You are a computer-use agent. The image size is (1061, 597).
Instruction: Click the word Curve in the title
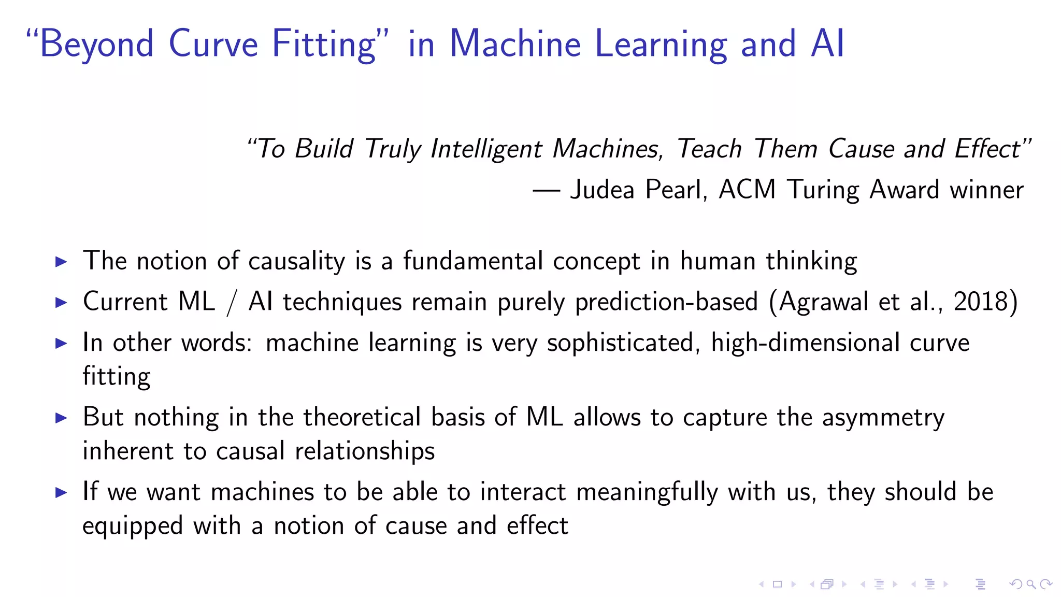click(x=213, y=44)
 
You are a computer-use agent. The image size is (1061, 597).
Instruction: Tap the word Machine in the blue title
click(x=515, y=44)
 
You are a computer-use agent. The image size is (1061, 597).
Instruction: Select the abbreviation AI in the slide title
click(x=828, y=44)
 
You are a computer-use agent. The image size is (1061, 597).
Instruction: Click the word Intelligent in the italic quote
click(x=486, y=149)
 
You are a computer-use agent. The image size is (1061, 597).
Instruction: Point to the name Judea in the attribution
click(x=602, y=190)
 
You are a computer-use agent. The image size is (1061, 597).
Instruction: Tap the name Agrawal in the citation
click(x=824, y=302)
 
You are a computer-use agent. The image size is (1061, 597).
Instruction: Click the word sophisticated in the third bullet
click(x=621, y=343)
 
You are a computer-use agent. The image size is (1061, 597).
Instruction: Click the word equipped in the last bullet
click(x=133, y=527)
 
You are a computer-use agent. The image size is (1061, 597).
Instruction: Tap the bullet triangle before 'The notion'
click(x=61, y=262)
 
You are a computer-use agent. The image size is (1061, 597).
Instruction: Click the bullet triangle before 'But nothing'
click(x=61, y=418)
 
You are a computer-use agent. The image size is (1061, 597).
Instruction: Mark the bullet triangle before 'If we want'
click(x=61, y=492)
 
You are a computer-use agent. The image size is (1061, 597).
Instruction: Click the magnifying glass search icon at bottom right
click(x=1031, y=585)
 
